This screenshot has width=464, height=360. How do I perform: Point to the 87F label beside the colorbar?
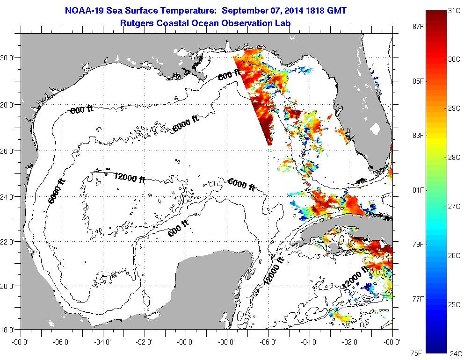412,27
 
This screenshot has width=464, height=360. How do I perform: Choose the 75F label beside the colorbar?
412,353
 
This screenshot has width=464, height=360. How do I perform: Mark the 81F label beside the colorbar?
412,190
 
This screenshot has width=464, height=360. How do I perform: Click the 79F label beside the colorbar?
412,245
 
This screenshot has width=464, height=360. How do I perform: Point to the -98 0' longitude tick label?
21,341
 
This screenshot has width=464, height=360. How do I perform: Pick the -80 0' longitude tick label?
392,341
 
